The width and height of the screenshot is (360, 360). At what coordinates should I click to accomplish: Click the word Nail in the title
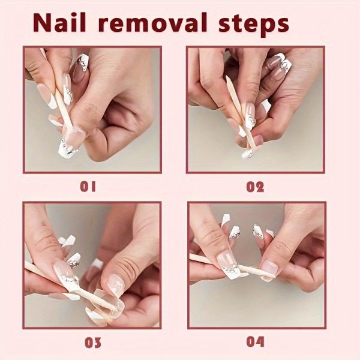[60, 22]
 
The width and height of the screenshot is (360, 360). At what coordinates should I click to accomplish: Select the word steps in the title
[253, 25]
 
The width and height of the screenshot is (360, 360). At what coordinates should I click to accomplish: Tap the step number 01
[88, 187]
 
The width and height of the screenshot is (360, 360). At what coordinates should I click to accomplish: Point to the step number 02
[255, 187]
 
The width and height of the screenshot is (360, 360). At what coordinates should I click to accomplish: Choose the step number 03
[93, 343]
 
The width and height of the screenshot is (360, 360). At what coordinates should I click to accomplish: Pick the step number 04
[255, 342]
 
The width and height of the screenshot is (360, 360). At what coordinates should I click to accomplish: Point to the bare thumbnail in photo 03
[116, 284]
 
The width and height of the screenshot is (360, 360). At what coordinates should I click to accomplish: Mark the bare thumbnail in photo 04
[269, 270]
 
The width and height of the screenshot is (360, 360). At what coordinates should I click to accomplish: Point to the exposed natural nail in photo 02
[257, 140]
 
